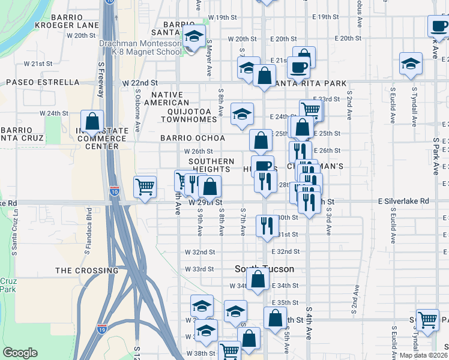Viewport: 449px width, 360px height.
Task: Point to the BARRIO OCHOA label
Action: coord(192,138)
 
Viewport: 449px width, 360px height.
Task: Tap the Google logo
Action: coord(20,353)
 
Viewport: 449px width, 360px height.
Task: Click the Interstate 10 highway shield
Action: coord(114,191)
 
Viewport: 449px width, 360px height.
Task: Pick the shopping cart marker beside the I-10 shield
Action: coord(145,187)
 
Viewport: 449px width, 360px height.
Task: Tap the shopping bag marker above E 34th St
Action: coord(258,278)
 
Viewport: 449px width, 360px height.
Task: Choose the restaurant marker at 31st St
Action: coord(267,226)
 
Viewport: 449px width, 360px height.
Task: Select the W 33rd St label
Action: coord(199,269)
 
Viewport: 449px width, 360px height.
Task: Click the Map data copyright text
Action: coord(424,355)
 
